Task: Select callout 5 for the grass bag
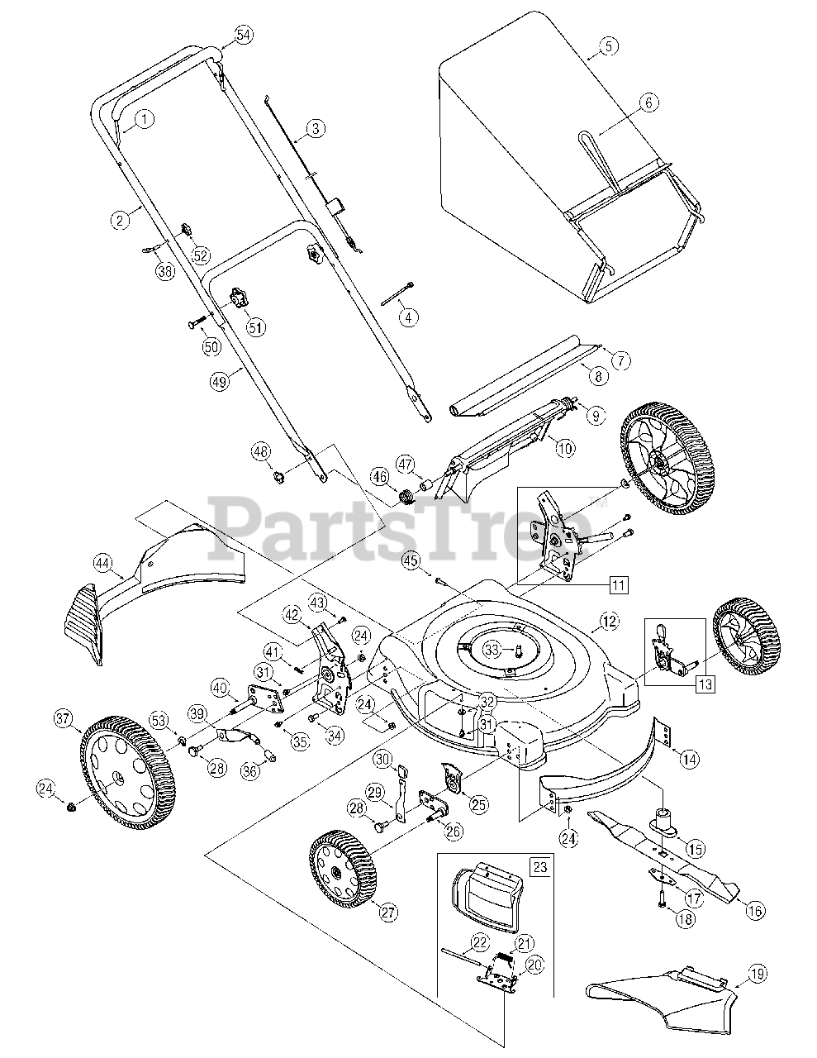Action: point(608,45)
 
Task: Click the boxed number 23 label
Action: point(539,867)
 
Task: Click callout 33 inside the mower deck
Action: point(492,649)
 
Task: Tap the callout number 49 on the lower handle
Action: point(219,381)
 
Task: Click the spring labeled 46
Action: point(405,498)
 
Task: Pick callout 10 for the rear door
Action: point(564,449)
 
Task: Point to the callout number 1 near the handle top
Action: point(144,119)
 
